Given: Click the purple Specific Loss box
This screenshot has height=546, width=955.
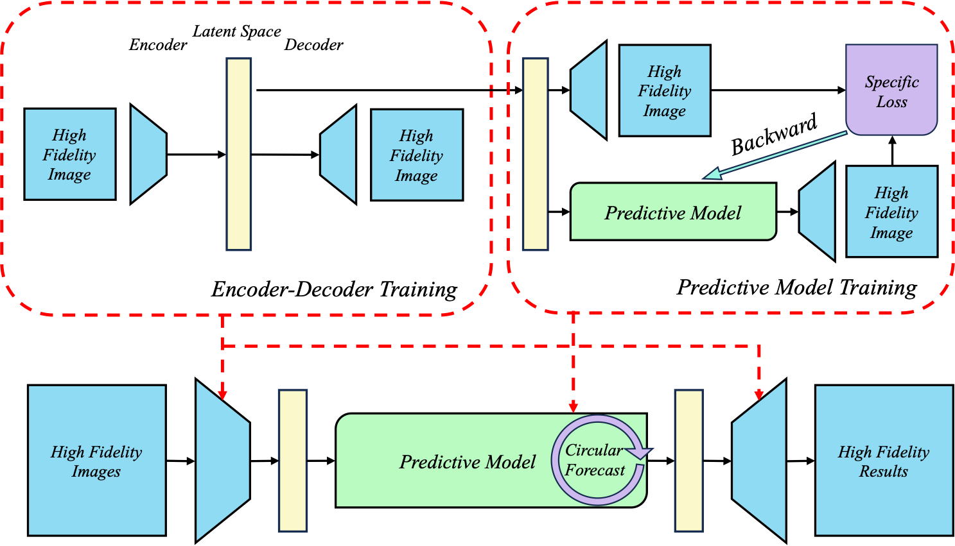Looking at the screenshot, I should (x=891, y=90).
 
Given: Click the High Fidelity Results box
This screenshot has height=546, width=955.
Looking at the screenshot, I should (x=884, y=460).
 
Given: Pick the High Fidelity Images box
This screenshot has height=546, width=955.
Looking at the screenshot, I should (x=97, y=460).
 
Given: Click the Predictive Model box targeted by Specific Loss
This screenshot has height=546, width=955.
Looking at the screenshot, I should (x=673, y=212).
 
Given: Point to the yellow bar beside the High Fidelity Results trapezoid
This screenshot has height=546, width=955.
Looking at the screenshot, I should (x=688, y=460).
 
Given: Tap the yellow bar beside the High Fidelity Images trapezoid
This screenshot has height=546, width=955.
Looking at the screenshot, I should (x=293, y=460).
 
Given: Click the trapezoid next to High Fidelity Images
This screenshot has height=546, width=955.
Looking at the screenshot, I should (x=222, y=460).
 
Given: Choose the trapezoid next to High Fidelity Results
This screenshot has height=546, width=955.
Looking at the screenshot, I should (x=760, y=460).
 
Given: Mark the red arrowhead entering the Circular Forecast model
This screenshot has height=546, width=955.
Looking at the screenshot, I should (x=573, y=407).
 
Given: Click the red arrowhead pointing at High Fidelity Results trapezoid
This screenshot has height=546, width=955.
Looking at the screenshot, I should (x=759, y=394).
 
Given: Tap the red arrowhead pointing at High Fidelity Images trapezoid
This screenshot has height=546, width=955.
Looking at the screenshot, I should (x=222, y=394).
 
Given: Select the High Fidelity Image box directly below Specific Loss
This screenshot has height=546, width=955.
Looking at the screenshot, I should (x=891, y=212).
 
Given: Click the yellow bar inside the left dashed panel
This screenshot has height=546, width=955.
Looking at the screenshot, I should (x=239, y=154).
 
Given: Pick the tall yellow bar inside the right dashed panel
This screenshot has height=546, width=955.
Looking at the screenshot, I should (x=536, y=154).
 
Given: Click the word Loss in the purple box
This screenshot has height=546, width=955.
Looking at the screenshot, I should (x=891, y=102).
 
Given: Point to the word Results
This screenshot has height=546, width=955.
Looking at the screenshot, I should (x=884, y=472).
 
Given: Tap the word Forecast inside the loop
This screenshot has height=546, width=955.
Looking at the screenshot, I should (x=595, y=470).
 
